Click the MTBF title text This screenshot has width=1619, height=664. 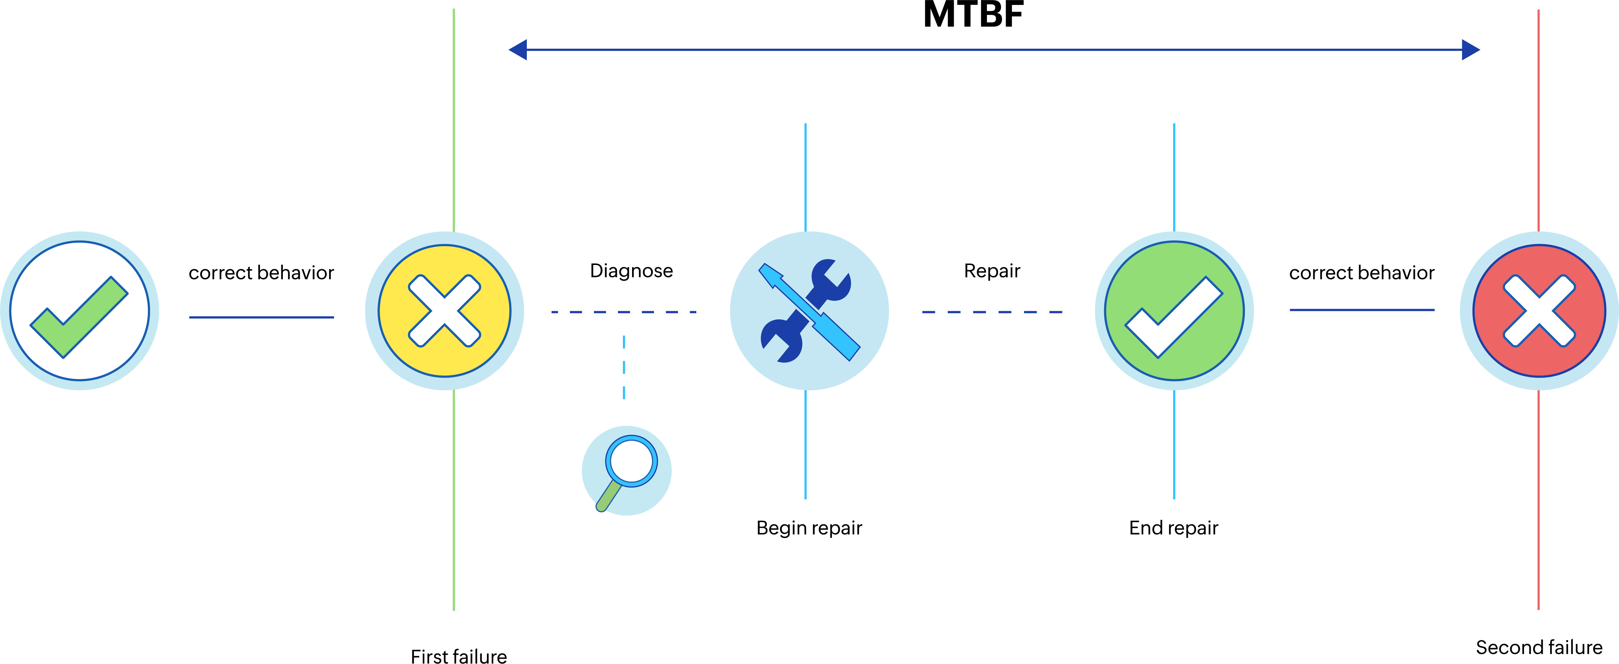coord(973,14)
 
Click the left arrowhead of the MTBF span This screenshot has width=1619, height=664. coord(518,50)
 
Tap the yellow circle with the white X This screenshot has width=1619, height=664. coord(444,311)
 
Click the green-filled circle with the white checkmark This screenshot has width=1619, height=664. coord(1174,311)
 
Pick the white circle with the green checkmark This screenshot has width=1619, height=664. coord(80,311)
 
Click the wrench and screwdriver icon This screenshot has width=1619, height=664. coord(809,311)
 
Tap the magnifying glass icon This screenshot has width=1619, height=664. coord(627,471)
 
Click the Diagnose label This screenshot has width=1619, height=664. coord(631,271)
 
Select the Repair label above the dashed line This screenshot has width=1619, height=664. coord(992,271)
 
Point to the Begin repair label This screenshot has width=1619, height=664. coord(809,528)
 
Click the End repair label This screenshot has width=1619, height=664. coord(1173,528)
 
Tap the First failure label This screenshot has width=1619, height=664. coord(459,656)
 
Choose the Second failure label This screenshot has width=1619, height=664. coord(1538,647)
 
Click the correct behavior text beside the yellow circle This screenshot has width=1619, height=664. coord(261,273)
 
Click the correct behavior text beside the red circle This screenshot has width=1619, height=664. coord(1361,273)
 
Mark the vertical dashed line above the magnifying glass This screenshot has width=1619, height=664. coord(624,368)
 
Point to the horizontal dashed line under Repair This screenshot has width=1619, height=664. coord(992,312)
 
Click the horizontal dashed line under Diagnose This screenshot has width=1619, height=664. coord(624,312)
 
